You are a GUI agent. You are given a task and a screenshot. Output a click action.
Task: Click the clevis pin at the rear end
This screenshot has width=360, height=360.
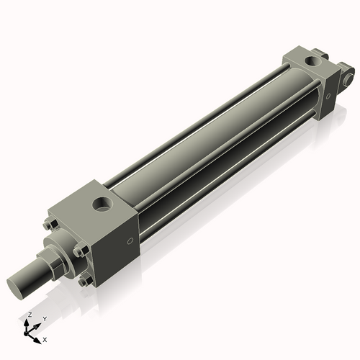(x=351, y=73)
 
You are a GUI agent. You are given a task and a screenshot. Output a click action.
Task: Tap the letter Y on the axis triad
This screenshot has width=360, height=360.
(x=44, y=318)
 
